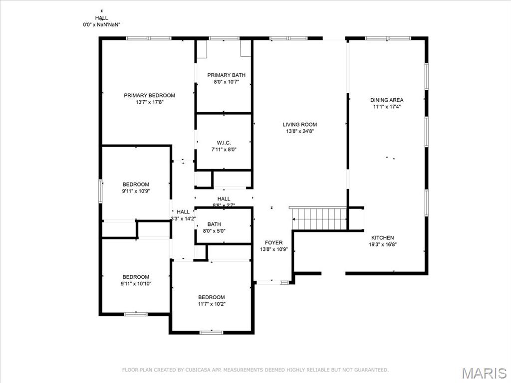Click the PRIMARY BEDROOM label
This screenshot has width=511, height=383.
[149, 95]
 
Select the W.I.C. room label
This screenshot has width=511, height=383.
[223, 142]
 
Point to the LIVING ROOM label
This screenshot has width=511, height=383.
[299, 125]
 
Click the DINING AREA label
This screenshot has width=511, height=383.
[387, 100]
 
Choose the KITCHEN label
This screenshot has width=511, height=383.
[382, 238]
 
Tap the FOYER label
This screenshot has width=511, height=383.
[273, 242]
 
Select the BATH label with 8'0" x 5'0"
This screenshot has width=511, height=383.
[214, 224]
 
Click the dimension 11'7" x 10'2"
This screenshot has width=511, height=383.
[211, 304]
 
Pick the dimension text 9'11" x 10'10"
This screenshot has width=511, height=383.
[136, 284]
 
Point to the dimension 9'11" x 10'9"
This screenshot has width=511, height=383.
[136, 191]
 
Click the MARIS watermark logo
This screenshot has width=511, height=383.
[484, 373]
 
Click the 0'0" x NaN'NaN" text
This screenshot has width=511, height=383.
[101, 24]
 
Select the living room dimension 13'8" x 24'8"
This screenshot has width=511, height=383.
[299, 132]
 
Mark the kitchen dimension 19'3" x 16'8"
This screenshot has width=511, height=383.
[382, 244]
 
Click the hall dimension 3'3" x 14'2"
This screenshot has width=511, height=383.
[183, 218]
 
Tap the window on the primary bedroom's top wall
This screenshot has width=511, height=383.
[148, 38]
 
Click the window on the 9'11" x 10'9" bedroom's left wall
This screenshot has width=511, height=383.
[100, 191]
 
